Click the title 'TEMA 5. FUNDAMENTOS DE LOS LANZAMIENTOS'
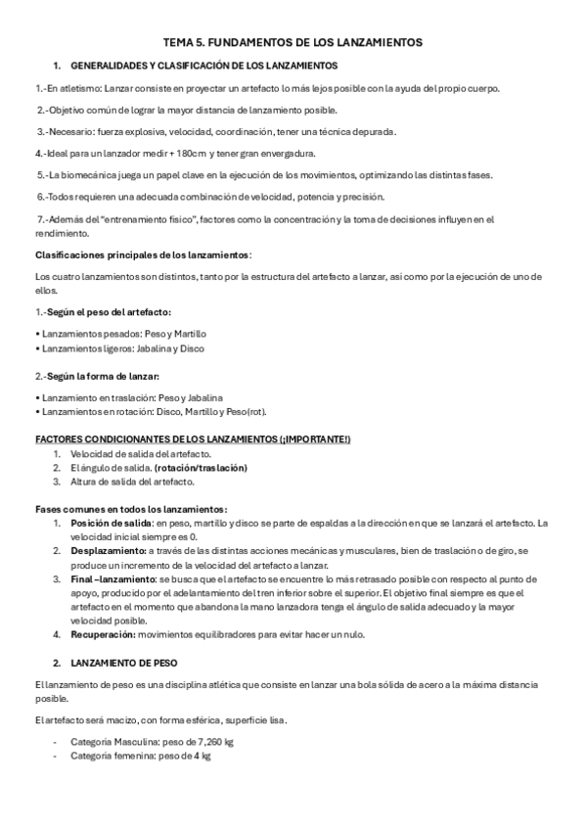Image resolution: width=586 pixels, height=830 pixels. [293, 43]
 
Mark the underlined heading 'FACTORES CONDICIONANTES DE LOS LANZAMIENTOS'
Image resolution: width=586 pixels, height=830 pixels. [157, 439]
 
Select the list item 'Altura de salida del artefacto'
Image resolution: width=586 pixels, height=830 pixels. [132, 482]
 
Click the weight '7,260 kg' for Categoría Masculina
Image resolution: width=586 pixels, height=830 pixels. [213, 742]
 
